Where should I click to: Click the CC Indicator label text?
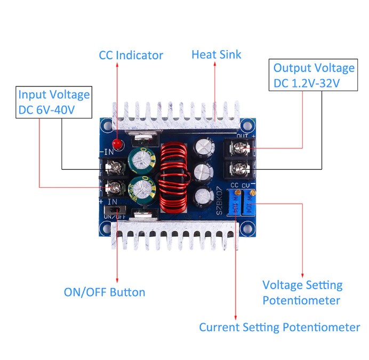click(131, 55)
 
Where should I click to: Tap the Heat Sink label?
click(216, 54)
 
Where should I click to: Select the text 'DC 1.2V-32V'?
click(307, 83)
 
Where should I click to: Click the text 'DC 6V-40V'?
click(47, 110)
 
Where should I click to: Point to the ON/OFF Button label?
click(104, 292)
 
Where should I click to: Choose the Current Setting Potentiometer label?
click(279, 327)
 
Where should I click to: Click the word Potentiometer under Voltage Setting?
click(301, 300)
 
